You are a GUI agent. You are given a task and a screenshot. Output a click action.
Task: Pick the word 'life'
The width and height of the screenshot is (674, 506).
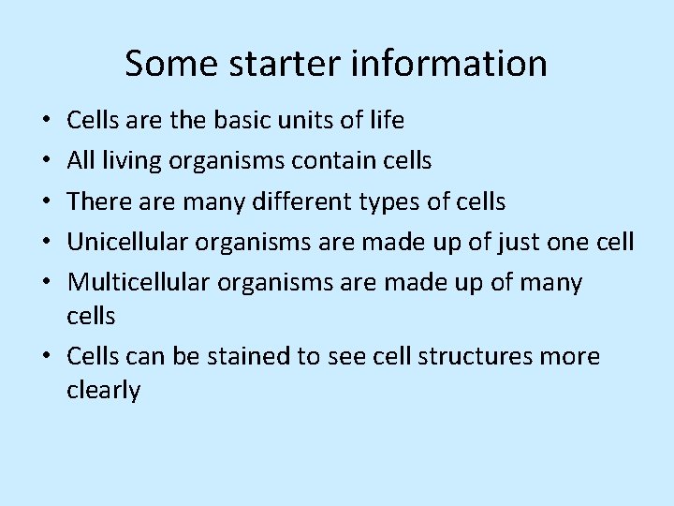click(x=387, y=121)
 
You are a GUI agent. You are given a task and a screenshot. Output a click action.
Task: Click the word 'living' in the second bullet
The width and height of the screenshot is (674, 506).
click(x=133, y=161)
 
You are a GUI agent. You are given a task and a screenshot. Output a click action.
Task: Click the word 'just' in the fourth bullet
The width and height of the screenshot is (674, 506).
click(x=520, y=242)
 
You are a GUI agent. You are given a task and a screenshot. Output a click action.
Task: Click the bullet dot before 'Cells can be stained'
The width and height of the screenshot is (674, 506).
click(x=45, y=357)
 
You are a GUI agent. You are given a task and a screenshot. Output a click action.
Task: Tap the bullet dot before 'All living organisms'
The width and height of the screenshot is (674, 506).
click(x=45, y=161)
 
